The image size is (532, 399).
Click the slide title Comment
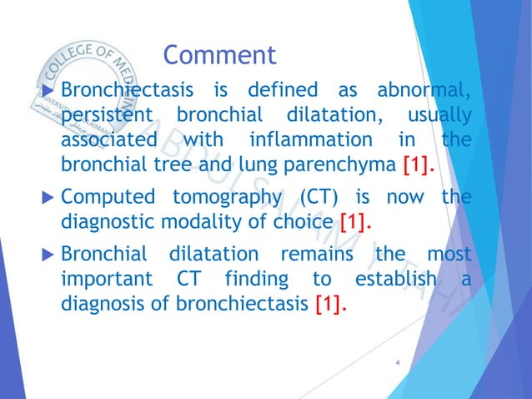tap(219, 55)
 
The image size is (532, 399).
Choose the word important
tap(104, 280)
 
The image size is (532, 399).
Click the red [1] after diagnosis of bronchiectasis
tap(332, 305)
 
